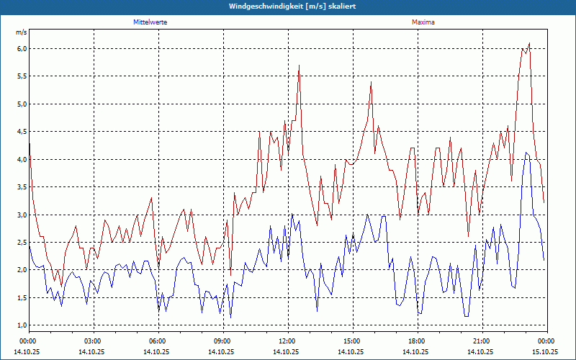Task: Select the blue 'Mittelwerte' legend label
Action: [x=150, y=22]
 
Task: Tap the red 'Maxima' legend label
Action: [x=423, y=22]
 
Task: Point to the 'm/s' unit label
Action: [x=21, y=33]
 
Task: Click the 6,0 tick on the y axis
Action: [x=21, y=49]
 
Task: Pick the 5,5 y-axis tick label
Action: [x=21, y=76]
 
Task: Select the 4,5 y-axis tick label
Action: [x=21, y=132]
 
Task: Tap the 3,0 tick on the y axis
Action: [x=21, y=215]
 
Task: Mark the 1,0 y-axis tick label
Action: [x=21, y=325]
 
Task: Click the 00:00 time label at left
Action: [x=28, y=341]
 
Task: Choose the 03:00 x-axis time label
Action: [x=93, y=341]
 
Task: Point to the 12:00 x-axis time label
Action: [x=287, y=341]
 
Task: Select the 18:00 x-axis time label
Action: [x=417, y=341]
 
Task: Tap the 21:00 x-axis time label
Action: [x=482, y=341]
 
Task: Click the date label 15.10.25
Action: [x=545, y=352]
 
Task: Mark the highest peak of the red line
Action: [x=529, y=43]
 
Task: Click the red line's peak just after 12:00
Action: [x=299, y=66]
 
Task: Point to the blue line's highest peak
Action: [x=526, y=152]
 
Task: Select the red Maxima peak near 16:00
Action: [x=371, y=82]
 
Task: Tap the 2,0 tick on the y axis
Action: [x=21, y=270]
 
